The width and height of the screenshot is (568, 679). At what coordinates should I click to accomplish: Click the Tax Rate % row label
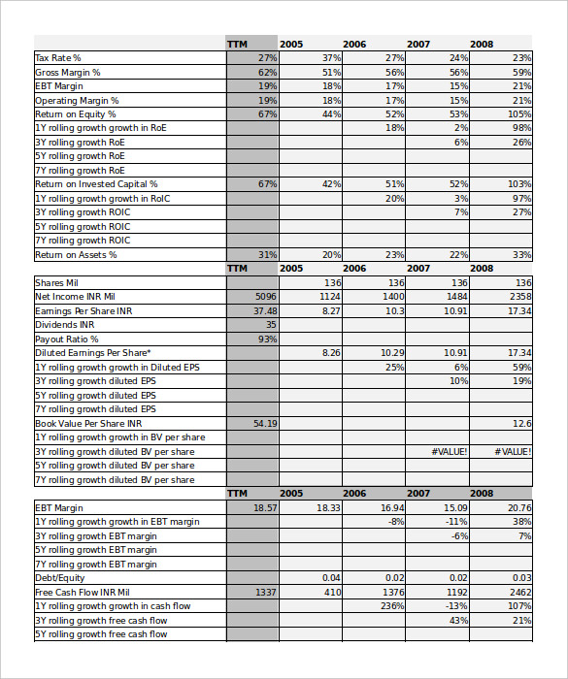coord(58,58)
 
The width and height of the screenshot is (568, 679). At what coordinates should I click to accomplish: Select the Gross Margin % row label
coord(68,73)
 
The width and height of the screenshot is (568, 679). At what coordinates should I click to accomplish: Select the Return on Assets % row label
coord(76,255)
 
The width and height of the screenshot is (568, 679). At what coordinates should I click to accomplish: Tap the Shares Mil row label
coord(56,283)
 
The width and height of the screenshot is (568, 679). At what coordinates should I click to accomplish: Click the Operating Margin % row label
coord(77,101)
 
